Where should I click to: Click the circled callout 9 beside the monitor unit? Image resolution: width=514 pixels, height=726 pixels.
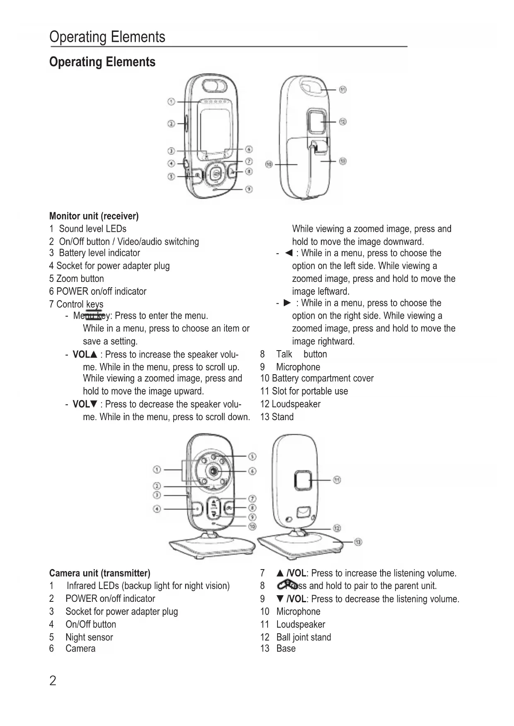249,189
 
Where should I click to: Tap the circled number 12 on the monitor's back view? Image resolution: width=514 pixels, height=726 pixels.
343,122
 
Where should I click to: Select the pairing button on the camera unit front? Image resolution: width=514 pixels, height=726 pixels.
229,508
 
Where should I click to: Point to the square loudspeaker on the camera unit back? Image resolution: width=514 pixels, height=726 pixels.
303,480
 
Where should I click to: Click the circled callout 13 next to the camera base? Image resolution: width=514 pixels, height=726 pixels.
358,542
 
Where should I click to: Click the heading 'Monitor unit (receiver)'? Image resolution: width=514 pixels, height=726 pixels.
94,216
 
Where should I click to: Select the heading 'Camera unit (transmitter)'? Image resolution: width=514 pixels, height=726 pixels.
99,573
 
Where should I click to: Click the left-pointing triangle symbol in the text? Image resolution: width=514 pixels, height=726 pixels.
289,253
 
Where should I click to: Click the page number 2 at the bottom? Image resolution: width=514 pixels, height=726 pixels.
53,680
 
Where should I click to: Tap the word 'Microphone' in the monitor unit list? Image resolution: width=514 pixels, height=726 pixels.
298,367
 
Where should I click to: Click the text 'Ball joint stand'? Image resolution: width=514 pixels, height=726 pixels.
304,637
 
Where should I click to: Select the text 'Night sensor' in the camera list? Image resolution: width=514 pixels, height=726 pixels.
89,637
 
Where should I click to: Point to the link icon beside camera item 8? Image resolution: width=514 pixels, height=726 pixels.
286,585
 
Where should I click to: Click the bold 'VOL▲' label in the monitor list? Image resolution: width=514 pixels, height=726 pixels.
84,355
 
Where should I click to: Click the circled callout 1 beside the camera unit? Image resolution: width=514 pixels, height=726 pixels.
157,469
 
